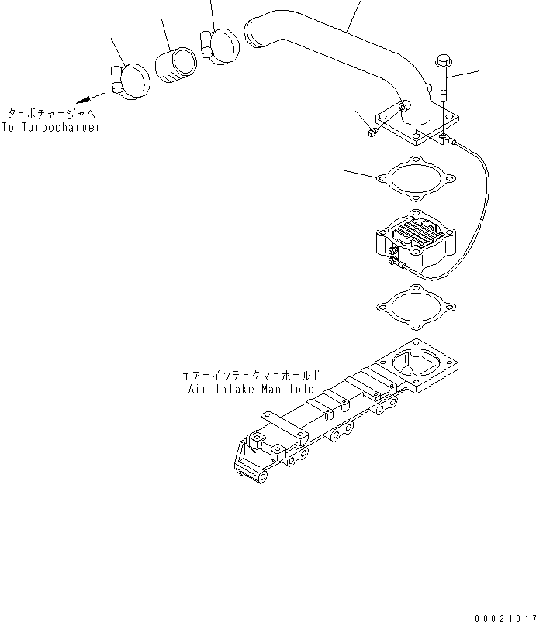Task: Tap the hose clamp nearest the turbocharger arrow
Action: point(130,80)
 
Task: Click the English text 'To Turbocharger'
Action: point(51,128)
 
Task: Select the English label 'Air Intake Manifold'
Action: point(251,390)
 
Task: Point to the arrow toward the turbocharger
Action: point(93,97)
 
